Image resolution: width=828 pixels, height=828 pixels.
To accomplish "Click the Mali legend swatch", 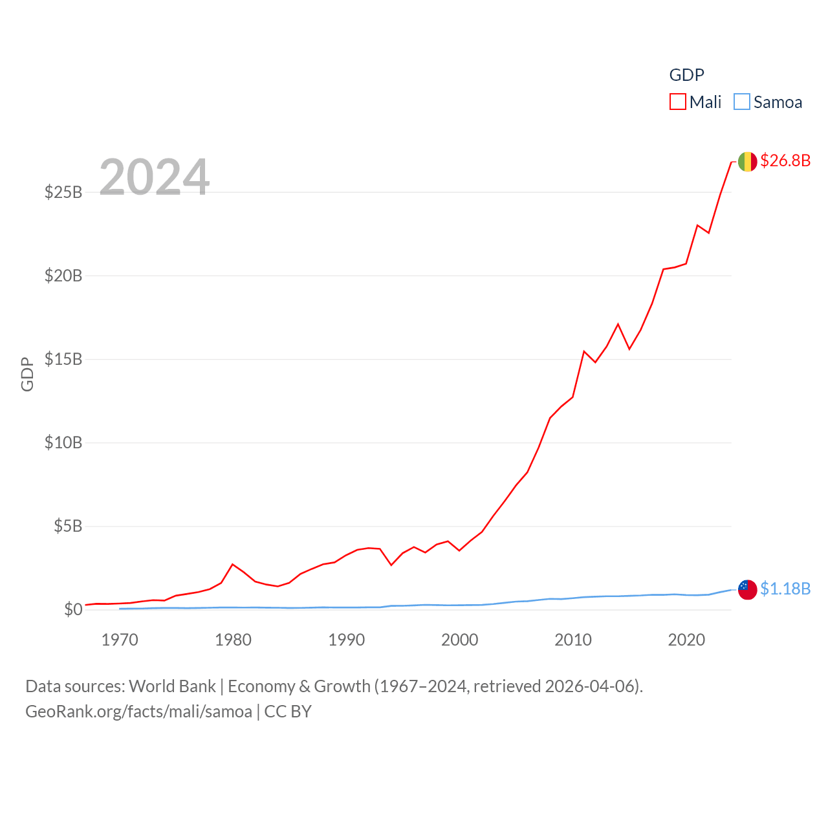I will coord(677,102).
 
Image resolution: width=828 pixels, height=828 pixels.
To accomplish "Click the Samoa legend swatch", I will coord(742,102).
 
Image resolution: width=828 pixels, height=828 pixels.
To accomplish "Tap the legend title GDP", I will coord(686,75).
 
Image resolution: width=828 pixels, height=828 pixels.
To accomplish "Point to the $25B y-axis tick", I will coord(63,192).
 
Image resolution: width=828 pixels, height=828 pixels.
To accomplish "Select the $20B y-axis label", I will coord(63,276).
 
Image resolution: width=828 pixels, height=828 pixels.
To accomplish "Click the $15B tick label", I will coord(63,359).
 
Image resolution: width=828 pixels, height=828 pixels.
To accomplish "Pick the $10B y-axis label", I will coord(63,442).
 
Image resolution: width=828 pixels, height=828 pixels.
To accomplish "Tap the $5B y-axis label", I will coord(68,526).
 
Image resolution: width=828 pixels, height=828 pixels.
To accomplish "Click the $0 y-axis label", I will coord(73,609).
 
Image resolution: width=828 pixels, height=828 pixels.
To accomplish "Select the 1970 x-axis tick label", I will coord(120,640).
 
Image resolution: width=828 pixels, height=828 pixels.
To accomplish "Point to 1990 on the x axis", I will coord(347,640).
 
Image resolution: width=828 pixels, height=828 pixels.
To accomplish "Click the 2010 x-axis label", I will coord(573,640).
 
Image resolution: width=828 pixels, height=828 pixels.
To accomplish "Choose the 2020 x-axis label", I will coord(686,640).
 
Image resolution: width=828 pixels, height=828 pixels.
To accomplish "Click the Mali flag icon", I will coord(747,161).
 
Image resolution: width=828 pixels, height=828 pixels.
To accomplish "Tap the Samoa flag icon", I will coord(747,589).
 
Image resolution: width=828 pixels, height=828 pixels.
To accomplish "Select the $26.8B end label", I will coord(785,160).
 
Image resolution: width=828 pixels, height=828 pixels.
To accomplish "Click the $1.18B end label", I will coord(785,589).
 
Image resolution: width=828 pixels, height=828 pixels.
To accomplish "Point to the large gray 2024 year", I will coord(154,177).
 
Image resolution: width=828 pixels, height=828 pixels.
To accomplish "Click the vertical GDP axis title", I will coord(27,374).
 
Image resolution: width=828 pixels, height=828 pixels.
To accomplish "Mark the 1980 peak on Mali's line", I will coord(233,564).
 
